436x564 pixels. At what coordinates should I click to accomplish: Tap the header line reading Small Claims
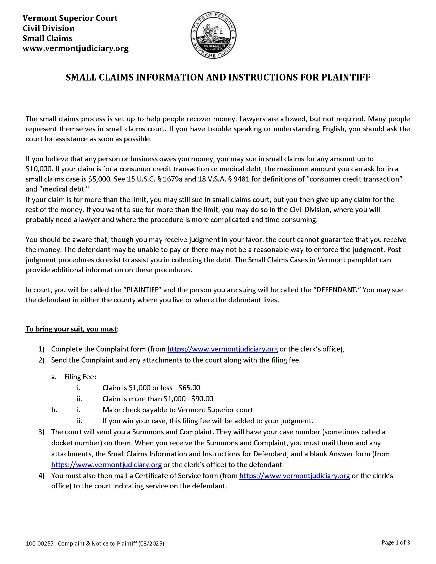(47, 38)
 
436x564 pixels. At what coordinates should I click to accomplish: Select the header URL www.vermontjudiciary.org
(75, 48)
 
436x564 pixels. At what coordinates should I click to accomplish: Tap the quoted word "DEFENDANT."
(336, 290)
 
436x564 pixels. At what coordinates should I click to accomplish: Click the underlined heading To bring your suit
(71, 329)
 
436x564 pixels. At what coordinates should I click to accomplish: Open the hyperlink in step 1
(222, 349)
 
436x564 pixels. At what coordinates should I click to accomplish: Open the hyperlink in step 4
(294, 476)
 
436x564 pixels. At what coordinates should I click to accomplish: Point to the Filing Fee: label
(80, 377)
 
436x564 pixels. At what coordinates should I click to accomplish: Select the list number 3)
(42, 432)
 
